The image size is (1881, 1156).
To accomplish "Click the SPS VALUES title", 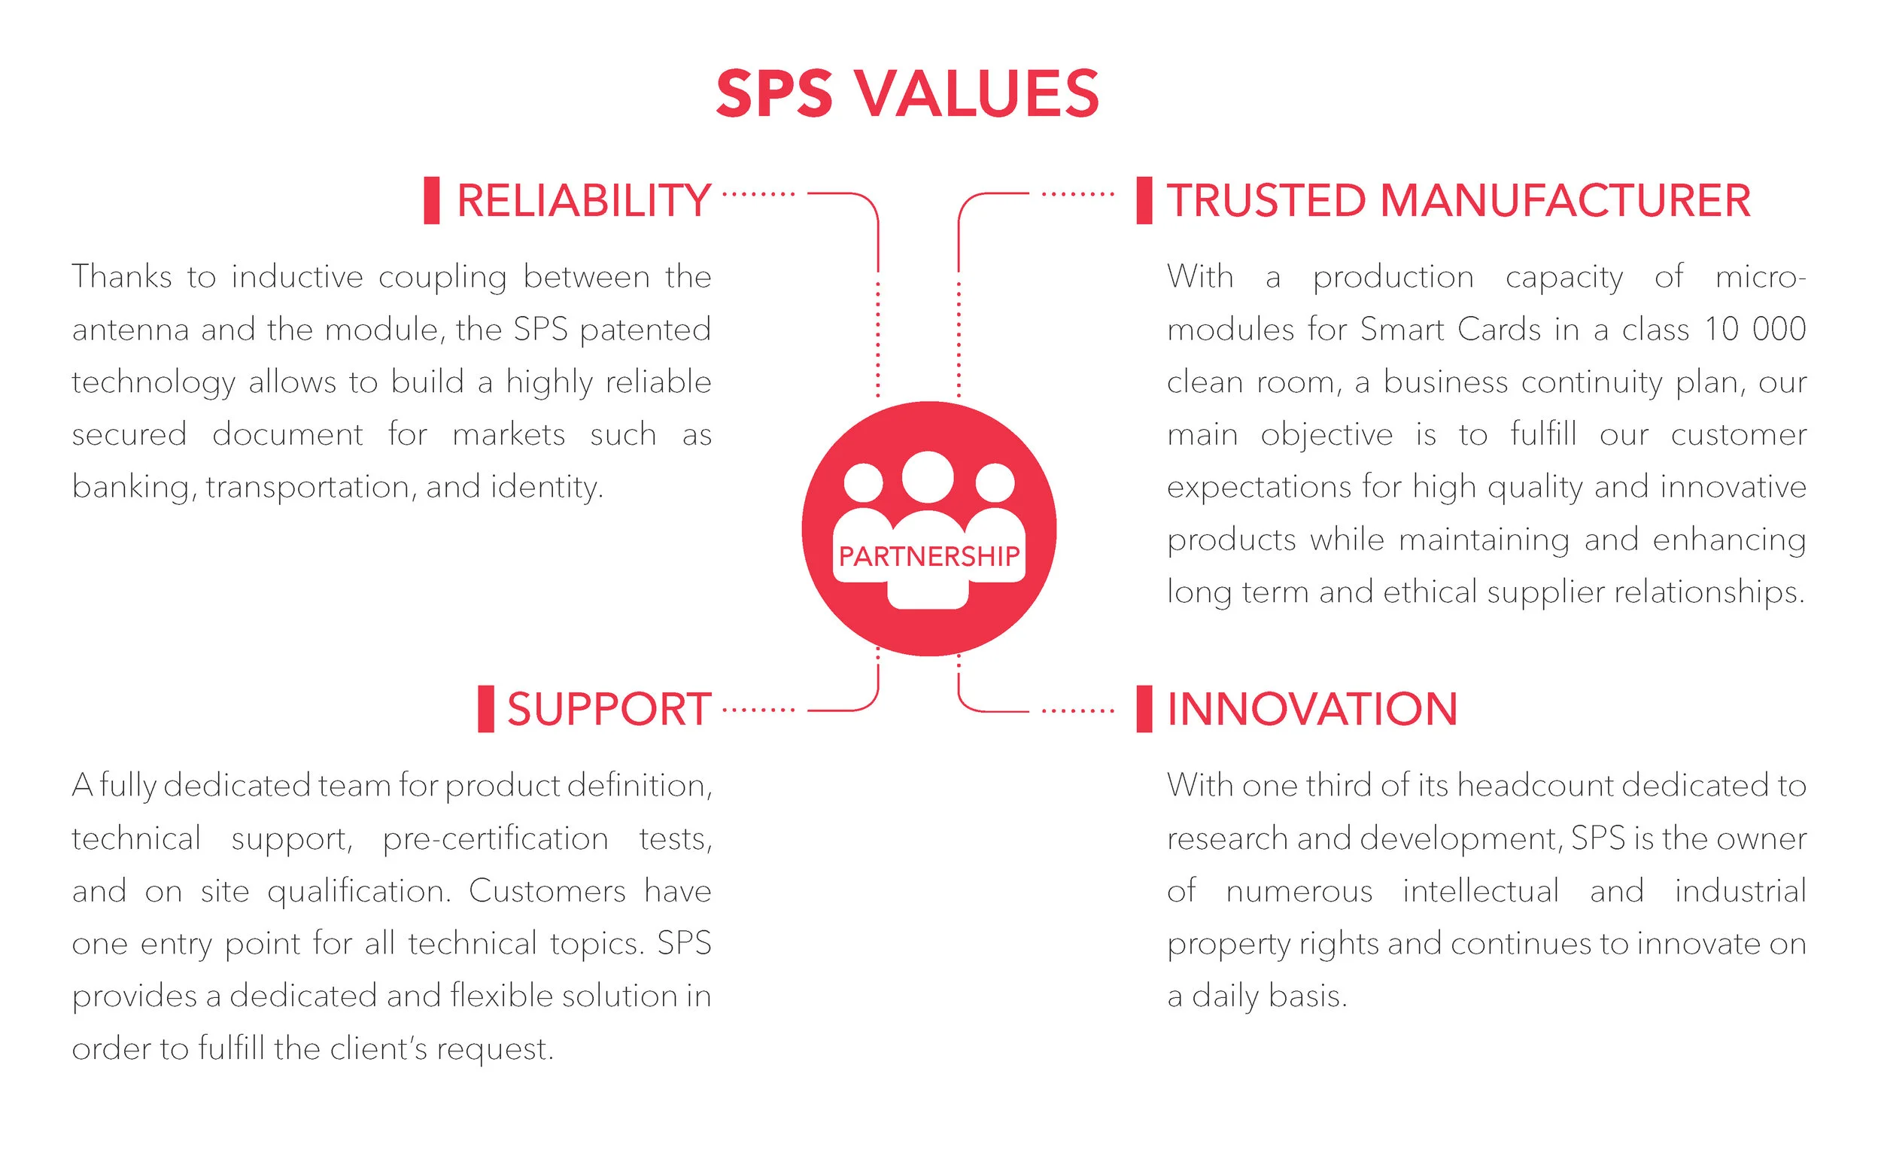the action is click(907, 94).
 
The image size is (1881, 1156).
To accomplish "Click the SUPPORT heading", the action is click(609, 709).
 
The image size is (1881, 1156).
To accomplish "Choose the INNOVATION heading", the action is click(1312, 709).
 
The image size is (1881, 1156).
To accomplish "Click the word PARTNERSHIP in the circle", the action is click(928, 556).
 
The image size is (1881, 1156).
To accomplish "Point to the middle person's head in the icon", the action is click(927, 477).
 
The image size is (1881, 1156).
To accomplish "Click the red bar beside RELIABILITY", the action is click(432, 200).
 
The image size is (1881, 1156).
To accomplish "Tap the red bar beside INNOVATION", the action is click(1144, 709).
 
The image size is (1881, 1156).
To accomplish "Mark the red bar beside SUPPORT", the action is click(486, 709).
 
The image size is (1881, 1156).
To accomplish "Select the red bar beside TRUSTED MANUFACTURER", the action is click(1144, 200).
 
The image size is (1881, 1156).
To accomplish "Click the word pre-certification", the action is click(495, 839).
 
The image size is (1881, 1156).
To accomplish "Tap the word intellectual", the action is click(1481, 892).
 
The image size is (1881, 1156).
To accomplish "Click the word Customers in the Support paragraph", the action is click(547, 892).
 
